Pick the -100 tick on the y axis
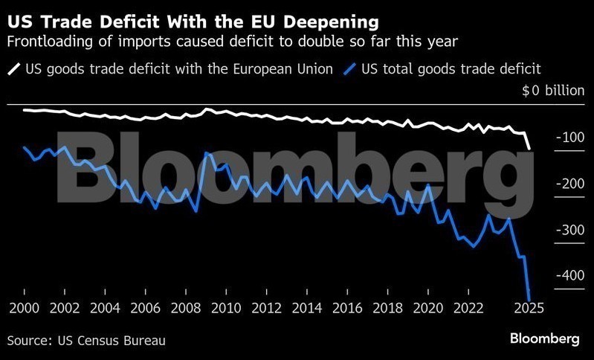570,138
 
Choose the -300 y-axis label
570,230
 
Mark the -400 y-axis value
570,276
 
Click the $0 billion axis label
553,91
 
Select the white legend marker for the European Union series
14,69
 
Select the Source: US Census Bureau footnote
86,340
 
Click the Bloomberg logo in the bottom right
544,338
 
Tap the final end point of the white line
529,147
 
